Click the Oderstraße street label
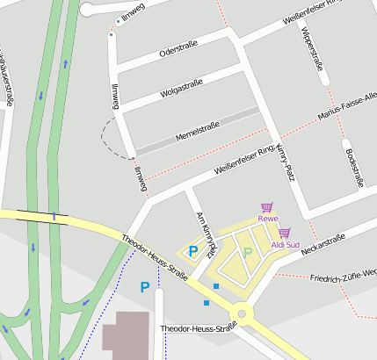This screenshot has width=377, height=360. (178, 47)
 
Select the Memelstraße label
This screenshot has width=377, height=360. (197, 131)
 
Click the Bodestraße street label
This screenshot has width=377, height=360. (355, 166)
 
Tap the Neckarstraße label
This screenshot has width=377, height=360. (322, 242)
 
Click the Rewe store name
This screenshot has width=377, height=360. (267, 218)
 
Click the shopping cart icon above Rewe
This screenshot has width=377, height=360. (266, 206)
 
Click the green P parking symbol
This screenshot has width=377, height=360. (248, 252)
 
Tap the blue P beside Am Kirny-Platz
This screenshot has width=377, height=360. (192, 250)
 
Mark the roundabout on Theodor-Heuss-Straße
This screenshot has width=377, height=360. (241, 313)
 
